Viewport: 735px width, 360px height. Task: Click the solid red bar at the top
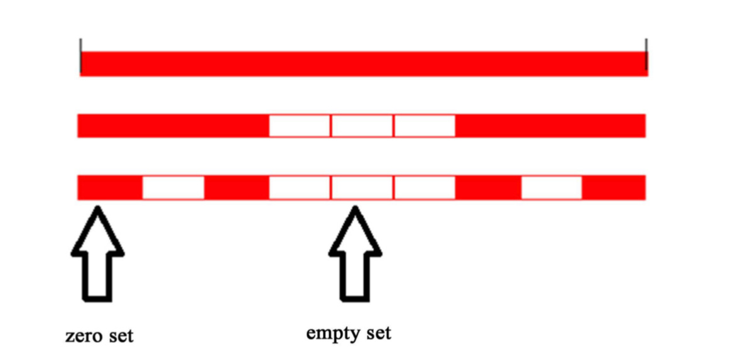pyautogui.click(x=363, y=63)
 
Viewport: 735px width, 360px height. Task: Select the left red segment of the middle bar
pyautogui.click(x=173, y=126)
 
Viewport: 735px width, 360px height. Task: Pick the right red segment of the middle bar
pyautogui.click(x=550, y=126)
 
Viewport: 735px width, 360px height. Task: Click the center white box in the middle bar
pyautogui.click(x=362, y=126)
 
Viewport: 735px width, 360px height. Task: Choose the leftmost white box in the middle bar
pyautogui.click(x=300, y=126)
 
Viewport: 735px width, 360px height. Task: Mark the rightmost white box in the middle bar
pyautogui.click(x=424, y=126)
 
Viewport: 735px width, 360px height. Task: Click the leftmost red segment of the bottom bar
pyautogui.click(x=110, y=188)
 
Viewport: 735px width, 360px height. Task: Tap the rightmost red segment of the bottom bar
pyautogui.click(x=614, y=188)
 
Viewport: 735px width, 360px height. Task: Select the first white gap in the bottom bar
pyautogui.click(x=173, y=188)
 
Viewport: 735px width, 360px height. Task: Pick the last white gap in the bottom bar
pyautogui.click(x=552, y=188)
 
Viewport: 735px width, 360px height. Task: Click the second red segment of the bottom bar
pyautogui.click(x=237, y=188)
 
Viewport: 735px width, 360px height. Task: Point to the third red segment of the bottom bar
pyautogui.click(x=488, y=188)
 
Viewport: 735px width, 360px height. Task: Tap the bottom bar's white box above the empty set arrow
pyautogui.click(x=362, y=188)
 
